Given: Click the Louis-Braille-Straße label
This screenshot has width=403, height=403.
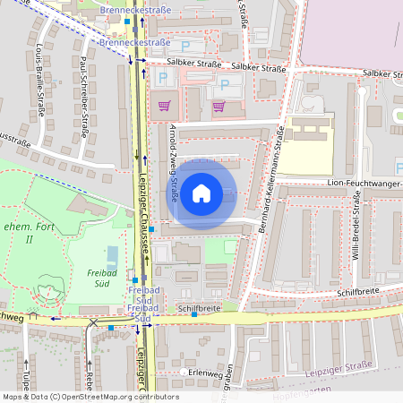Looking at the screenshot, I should point(41,80).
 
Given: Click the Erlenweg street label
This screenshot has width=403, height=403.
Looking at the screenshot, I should point(211,371).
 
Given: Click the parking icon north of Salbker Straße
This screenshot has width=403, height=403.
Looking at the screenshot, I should point(185,45).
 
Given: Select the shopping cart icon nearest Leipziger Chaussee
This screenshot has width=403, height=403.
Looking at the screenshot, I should point(163,106).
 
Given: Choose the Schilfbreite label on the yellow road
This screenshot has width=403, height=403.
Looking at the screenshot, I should point(199,307).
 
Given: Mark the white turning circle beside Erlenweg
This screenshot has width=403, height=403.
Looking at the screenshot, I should point(184,371).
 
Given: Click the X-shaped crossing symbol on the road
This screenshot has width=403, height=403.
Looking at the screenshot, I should point(93,322).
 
